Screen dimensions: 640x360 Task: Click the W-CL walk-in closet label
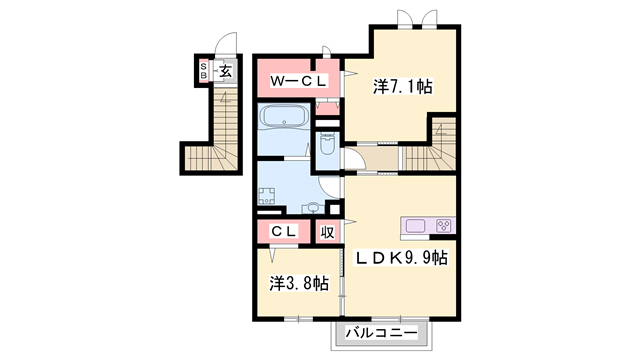pyautogui.click(x=298, y=81)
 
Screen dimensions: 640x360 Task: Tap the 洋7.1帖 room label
pyautogui.click(x=402, y=87)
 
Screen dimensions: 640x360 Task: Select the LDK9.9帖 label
pyautogui.click(x=402, y=258)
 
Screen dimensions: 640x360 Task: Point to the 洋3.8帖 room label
pyautogui.click(x=299, y=283)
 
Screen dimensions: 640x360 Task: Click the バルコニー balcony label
pyautogui.click(x=382, y=333)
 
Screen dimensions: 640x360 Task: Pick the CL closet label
pyautogui.click(x=284, y=232)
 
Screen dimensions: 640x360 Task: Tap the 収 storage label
pyautogui.click(x=327, y=232)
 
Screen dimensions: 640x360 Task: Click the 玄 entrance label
pyautogui.click(x=226, y=71)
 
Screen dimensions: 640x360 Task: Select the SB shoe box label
pyautogui.click(x=203, y=71)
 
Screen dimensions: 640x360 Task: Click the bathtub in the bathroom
pyautogui.click(x=284, y=116)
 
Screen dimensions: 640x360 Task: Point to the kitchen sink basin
pyautogui.click(x=415, y=226)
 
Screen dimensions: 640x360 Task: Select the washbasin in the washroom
pyautogui.click(x=313, y=208)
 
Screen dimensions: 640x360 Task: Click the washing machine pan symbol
pyautogui.click(x=267, y=196)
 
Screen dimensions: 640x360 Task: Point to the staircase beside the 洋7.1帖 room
pyautogui.click(x=429, y=150)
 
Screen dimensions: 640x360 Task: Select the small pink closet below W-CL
pyautogui.click(x=327, y=107)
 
